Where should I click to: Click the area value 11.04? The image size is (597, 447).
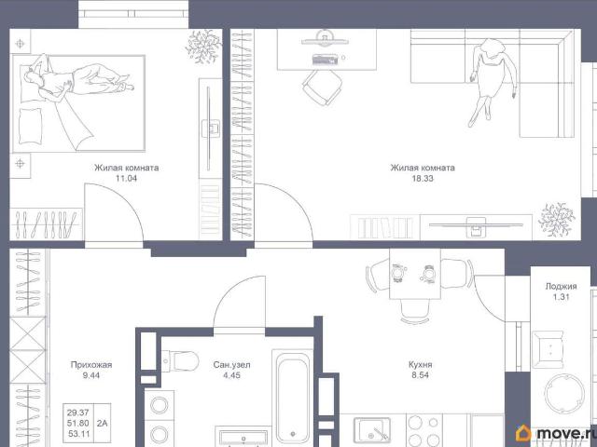click(x=126, y=178)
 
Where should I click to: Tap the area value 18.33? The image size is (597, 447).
click(x=423, y=178)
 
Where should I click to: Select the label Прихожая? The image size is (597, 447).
click(x=91, y=365)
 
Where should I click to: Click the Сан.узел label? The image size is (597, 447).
click(x=231, y=365)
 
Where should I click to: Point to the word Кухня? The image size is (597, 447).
click(x=420, y=365)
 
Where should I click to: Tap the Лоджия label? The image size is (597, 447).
click(x=561, y=287)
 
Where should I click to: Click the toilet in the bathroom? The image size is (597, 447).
click(x=180, y=360)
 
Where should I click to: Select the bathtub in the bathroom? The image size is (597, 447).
click(x=292, y=398)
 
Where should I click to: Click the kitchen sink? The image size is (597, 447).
click(x=371, y=430)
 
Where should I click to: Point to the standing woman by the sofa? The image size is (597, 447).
click(x=492, y=81)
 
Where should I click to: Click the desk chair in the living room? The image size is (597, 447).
click(x=323, y=87)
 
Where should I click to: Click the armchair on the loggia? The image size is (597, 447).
click(x=548, y=350)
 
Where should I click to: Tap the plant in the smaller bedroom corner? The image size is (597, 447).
click(x=203, y=47)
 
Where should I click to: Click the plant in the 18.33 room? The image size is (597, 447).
click(x=556, y=220)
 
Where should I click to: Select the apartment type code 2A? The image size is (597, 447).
click(x=102, y=423)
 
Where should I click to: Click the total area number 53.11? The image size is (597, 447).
click(x=78, y=433)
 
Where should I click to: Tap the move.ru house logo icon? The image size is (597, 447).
click(x=523, y=433)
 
